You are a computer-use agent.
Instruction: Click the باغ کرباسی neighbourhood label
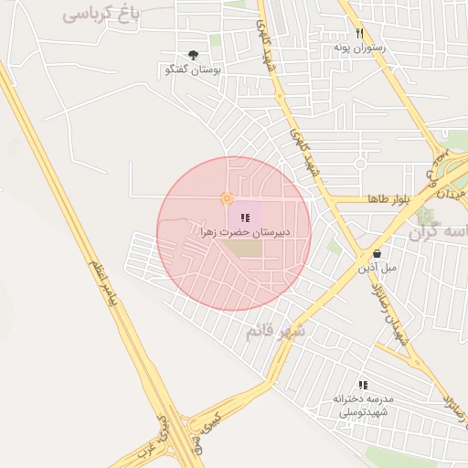click(101, 14)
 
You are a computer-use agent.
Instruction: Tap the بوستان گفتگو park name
click(188, 69)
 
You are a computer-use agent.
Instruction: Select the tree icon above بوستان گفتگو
click(192, 56)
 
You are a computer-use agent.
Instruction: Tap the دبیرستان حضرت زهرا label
click(245, 232)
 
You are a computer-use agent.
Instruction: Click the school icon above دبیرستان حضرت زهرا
click(245, 218)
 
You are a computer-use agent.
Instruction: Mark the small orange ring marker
click(227, 198)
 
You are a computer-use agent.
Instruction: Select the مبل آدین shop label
click(378, 268)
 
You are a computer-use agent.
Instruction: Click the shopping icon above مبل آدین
click(377, 254)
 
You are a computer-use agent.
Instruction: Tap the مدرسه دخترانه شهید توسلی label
click(363, 406)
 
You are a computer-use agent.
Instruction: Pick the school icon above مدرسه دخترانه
click(363, 386)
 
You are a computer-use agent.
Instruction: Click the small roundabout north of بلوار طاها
click(361, 164)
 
